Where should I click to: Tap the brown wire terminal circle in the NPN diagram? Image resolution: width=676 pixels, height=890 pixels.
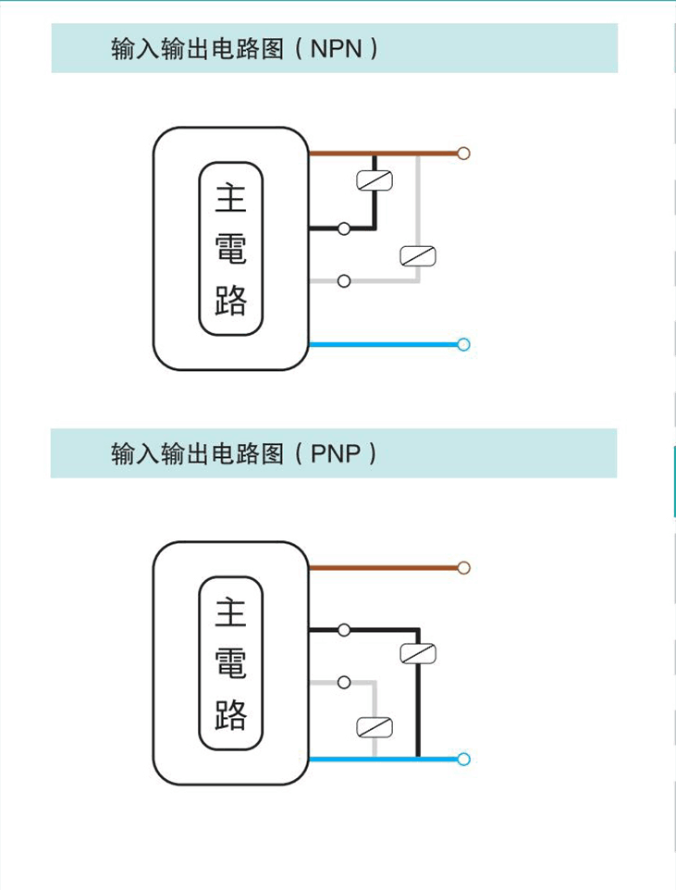pos(464,153)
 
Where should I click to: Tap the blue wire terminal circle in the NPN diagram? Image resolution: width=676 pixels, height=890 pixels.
pos(464,345)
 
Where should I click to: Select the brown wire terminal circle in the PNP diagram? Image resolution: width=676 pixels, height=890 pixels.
pos(464,567)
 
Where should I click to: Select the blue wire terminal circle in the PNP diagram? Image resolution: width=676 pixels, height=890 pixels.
pos(464,760)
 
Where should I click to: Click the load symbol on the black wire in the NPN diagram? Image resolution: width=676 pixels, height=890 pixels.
pos(375,180)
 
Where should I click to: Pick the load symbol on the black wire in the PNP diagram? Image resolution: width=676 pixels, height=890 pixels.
pos(418,653)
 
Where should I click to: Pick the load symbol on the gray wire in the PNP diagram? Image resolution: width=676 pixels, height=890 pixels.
pos(375,726)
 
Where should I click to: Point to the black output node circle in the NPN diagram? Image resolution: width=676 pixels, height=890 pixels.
pos(344,229)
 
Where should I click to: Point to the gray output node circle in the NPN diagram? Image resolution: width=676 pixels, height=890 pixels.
pos(344,281)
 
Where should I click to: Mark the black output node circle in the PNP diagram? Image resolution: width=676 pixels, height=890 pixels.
pos(344,630)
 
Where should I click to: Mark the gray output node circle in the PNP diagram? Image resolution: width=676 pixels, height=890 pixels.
pos(344,683)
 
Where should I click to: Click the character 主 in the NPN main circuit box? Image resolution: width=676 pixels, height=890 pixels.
pos(231,198)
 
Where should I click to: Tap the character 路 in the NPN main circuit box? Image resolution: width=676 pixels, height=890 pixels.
pos(231,300)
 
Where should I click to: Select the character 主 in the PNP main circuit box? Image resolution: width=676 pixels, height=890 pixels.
pos(231,612)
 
